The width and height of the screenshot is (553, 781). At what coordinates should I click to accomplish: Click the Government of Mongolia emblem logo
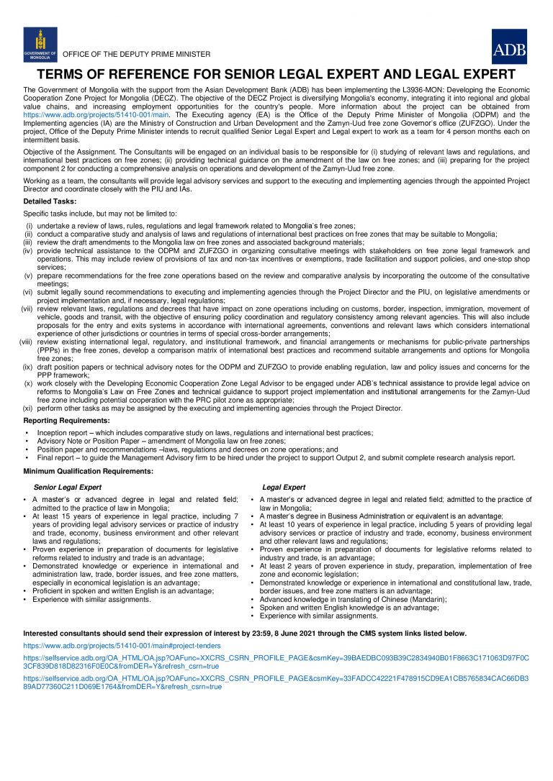coord(40,45)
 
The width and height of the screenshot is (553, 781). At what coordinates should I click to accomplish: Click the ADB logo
coord(509,47)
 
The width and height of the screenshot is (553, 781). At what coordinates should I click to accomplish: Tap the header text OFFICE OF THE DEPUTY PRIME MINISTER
coord(137,55)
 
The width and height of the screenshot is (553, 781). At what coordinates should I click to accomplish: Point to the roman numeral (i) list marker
coord(30,226)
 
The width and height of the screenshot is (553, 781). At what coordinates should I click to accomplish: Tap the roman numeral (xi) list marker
coord(28,408)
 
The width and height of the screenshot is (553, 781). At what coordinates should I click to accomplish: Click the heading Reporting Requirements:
coord(67,420)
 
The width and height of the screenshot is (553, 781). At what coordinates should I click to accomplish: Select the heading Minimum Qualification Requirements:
coord(87,470)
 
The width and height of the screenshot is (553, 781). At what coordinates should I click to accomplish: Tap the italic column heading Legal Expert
coord(284,487)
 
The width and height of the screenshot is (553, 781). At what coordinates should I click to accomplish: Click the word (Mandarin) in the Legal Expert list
coord(424,599)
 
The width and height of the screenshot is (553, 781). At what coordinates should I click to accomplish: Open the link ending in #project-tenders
coord(122,646)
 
